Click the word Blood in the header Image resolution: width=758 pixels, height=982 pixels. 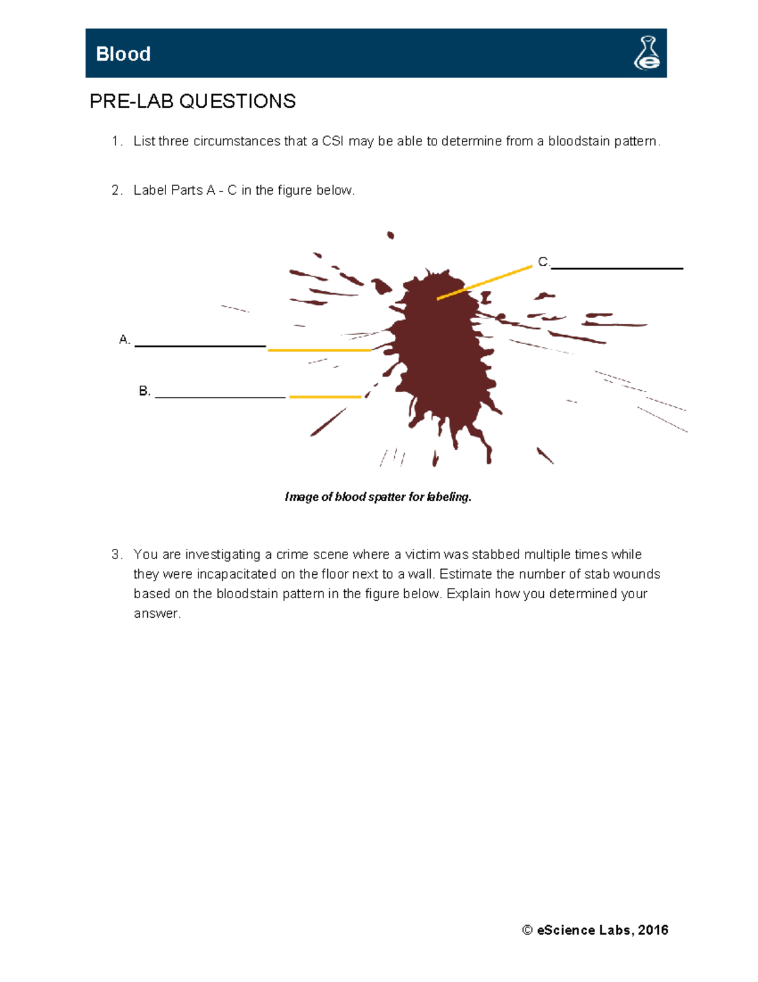click(x=123, y=54)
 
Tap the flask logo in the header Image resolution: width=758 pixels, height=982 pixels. click(x=647, y=53)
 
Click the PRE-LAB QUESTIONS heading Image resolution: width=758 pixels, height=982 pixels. click(x=193, y=101)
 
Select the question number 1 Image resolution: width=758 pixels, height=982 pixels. click(x=116, y=142)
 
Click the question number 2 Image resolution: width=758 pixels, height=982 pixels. click(x=116, y=190)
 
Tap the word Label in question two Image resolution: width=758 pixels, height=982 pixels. click(x=150, y=190)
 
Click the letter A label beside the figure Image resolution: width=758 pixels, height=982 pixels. click(x=124, y=340)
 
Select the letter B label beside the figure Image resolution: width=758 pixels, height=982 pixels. click(x=144, y=391)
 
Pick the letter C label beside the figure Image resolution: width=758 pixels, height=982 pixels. click(x=543, y=262)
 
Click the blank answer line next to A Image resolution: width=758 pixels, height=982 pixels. click(x=200, y=346)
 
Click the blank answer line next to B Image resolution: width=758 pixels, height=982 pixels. click(x=220, y=397)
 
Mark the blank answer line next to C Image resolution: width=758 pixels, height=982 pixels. click(x=617, y=269)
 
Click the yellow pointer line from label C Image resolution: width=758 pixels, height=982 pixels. click(x=484, y=283)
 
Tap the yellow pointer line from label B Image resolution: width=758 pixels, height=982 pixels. click(x=325, y=397)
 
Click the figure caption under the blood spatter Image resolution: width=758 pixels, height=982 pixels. click(x=378, y=497)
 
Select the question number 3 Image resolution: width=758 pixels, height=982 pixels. click(x=116, y=555)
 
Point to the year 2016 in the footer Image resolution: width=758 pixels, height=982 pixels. click(x=653, y=930)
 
